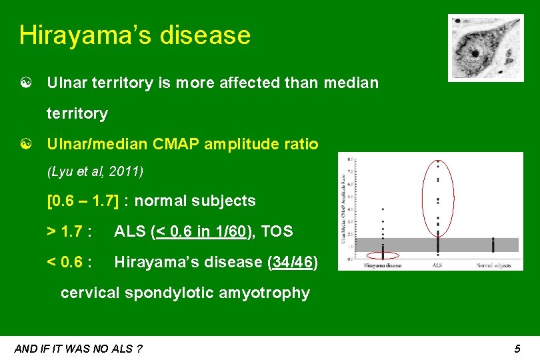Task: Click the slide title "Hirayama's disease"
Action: point(135,35)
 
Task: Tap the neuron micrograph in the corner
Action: point(485,47)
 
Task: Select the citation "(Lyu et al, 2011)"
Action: point(95,172)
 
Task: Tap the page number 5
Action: point(517,349)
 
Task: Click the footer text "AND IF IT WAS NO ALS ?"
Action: point(78,349)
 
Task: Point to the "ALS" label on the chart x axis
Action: point(437,266)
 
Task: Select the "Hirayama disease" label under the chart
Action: point(383,266)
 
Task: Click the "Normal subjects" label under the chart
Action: point(493,266)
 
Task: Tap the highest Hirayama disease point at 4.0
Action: point(383,209)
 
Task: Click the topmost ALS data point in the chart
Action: point(438,161)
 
